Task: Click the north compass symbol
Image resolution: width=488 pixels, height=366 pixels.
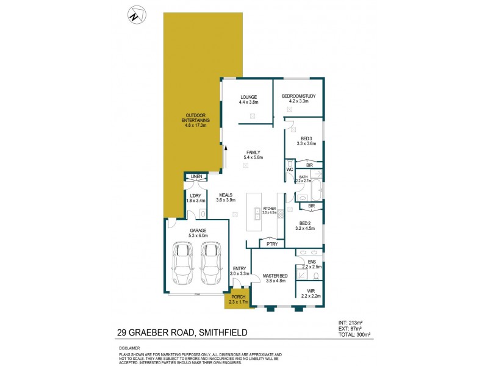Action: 134,14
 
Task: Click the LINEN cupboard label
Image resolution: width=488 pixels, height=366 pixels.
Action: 196,177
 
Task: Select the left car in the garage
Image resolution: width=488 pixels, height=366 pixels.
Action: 183,263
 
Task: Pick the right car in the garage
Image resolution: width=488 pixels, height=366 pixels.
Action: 210,263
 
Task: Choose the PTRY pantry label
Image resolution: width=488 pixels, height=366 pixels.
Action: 271,244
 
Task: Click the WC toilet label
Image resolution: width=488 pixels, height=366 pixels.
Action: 290,169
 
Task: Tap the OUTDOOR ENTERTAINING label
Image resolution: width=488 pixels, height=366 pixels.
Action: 196,118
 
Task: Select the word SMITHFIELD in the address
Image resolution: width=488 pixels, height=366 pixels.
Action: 229,333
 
